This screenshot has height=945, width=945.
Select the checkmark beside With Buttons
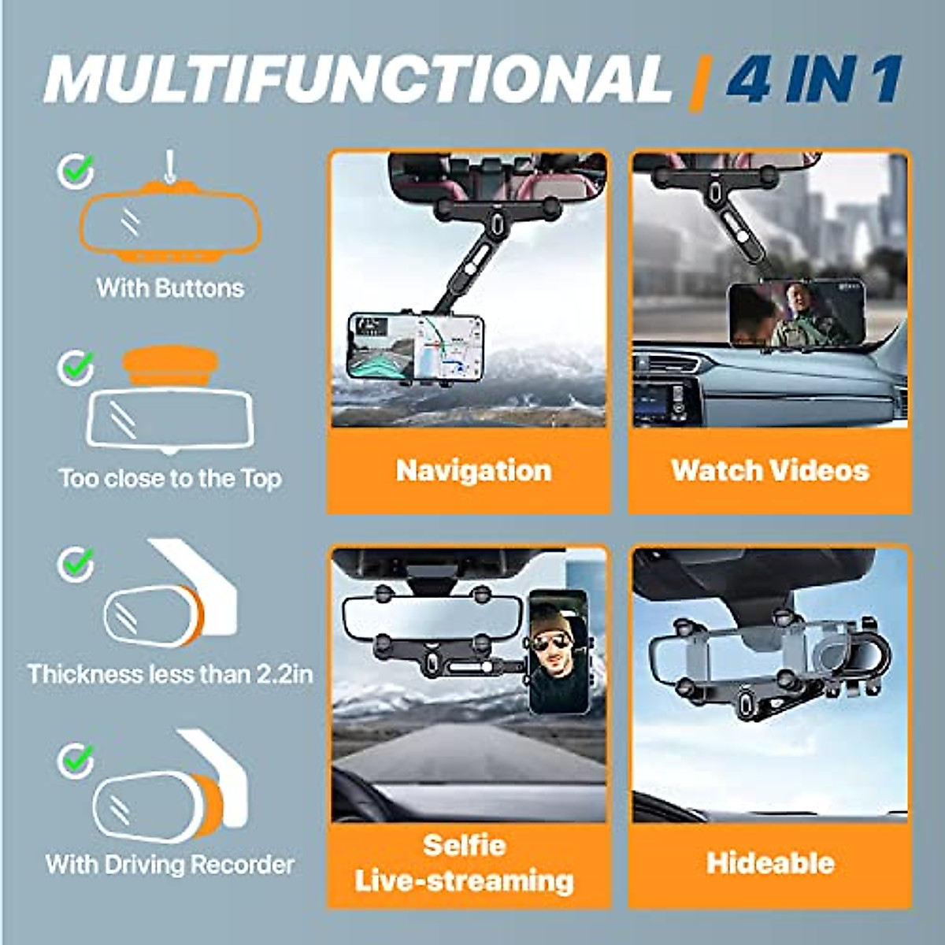coord(76,170)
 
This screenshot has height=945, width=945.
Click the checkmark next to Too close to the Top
coord(76,366)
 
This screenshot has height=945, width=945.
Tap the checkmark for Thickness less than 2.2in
coord(76,564)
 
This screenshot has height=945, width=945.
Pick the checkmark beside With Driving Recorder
coord(76,760)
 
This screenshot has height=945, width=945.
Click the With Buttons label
coord(170,288)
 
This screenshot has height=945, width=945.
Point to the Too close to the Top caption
coord(170,479)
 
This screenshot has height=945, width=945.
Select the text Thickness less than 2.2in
coord(170,675)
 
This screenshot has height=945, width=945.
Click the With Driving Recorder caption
coord(170,865)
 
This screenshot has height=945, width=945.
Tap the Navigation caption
coord(473,471)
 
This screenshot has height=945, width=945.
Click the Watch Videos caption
coord(770,471)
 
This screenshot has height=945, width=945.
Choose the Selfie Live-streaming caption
coord(465,863)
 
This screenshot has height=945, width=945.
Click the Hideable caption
coord(770,863)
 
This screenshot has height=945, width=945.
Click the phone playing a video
coord(796,313)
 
